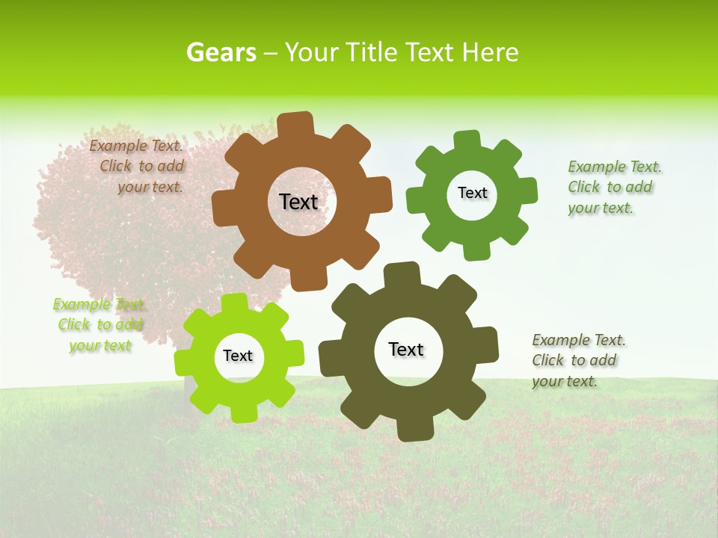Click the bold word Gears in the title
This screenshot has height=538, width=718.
tap(221, 52)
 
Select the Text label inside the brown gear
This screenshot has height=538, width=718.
tap(298, 202)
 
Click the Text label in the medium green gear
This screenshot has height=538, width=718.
tap(472, 193)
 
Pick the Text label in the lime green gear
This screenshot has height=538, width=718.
tap(238, 356)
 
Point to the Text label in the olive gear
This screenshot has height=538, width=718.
tap(406, 349)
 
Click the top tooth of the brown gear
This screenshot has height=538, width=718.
tap(295, 124)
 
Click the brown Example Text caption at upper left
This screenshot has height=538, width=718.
tap(136, 167)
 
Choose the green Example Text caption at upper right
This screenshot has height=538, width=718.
tap(614, 187)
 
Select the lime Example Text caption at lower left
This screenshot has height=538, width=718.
tap(100, 324)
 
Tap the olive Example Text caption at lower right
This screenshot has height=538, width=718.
tap(578, 360)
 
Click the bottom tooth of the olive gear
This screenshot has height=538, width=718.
tap(412, 430)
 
